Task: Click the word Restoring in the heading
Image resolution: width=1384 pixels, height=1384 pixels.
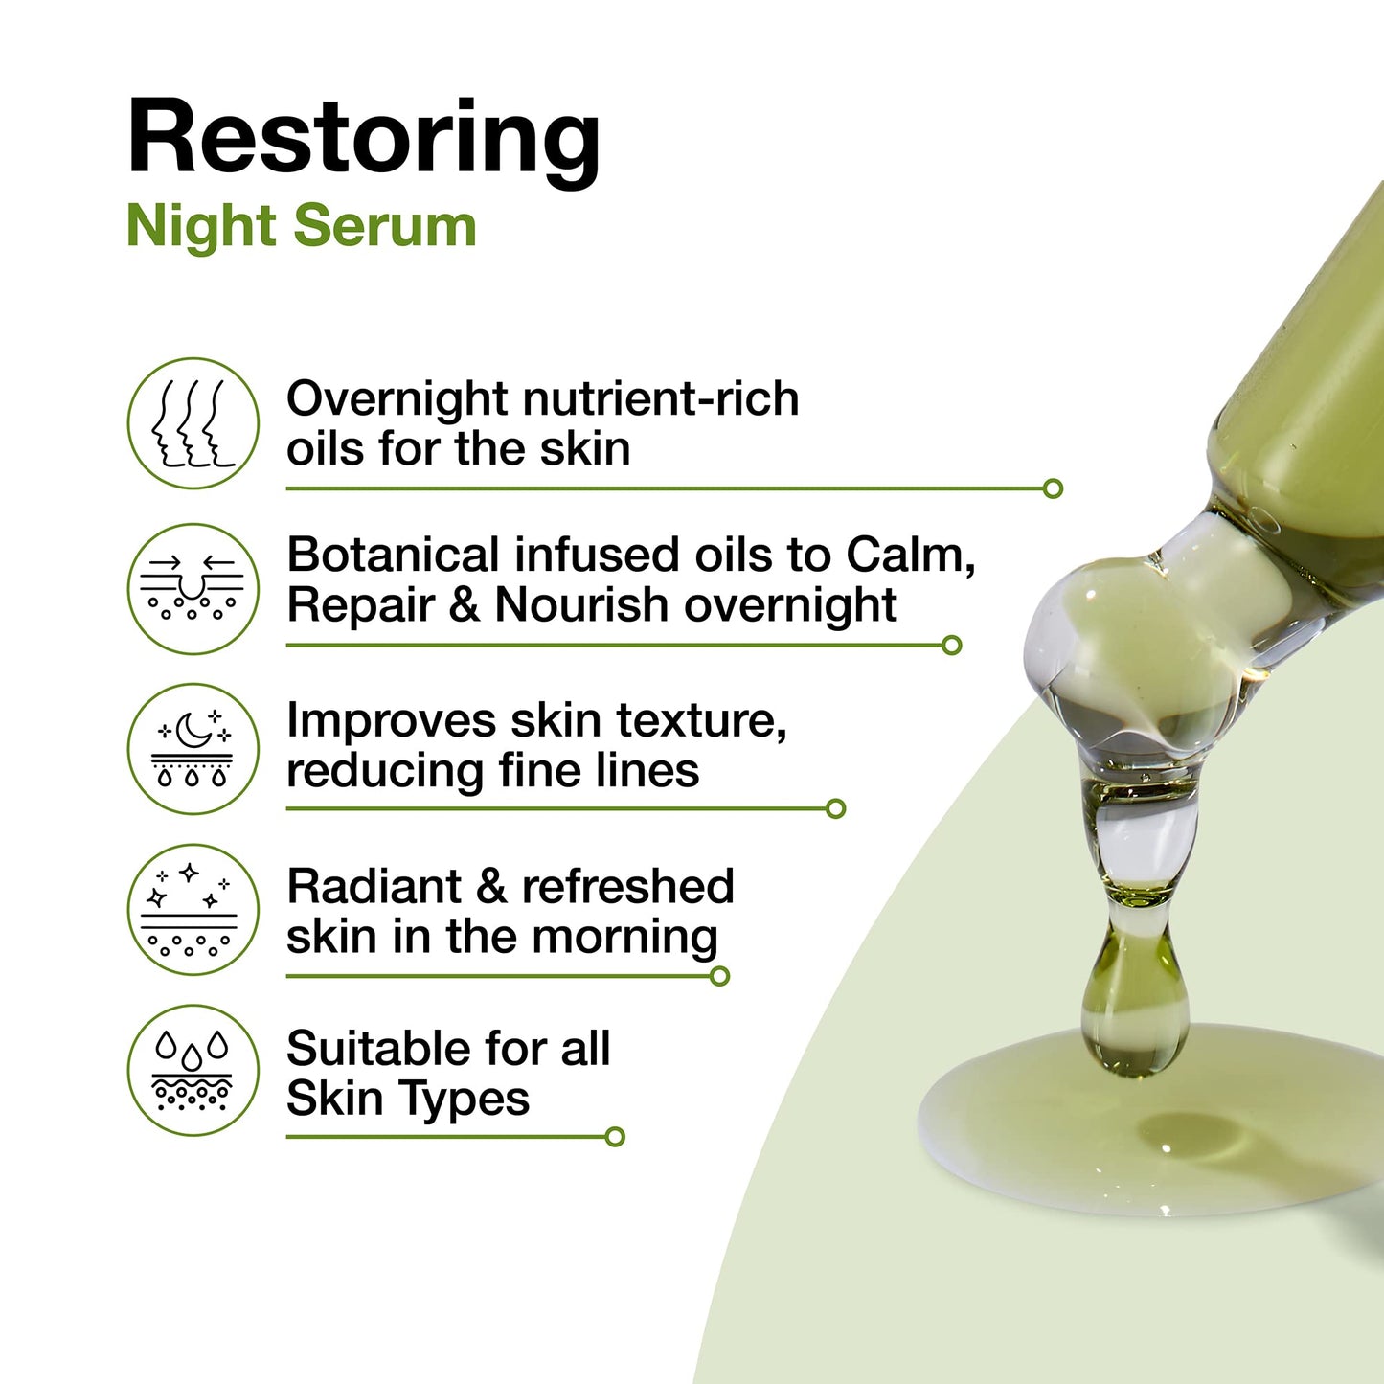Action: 364,139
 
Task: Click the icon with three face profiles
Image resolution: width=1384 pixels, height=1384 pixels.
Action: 193,423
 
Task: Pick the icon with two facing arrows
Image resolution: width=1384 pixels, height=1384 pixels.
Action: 193,588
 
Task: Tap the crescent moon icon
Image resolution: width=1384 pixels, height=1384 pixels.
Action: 193,748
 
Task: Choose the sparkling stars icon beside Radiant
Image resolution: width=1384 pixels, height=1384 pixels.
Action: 193,909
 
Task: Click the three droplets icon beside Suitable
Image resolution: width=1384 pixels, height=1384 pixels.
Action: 193,1070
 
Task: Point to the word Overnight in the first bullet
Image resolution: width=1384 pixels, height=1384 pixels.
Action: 397,399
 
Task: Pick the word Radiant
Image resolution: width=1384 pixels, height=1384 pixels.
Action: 374,886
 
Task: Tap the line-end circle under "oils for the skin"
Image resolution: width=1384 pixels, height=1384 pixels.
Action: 1053,488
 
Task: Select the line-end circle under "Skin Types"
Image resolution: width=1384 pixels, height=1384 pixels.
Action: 615,1137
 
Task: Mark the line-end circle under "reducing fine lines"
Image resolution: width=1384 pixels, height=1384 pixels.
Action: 835,808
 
